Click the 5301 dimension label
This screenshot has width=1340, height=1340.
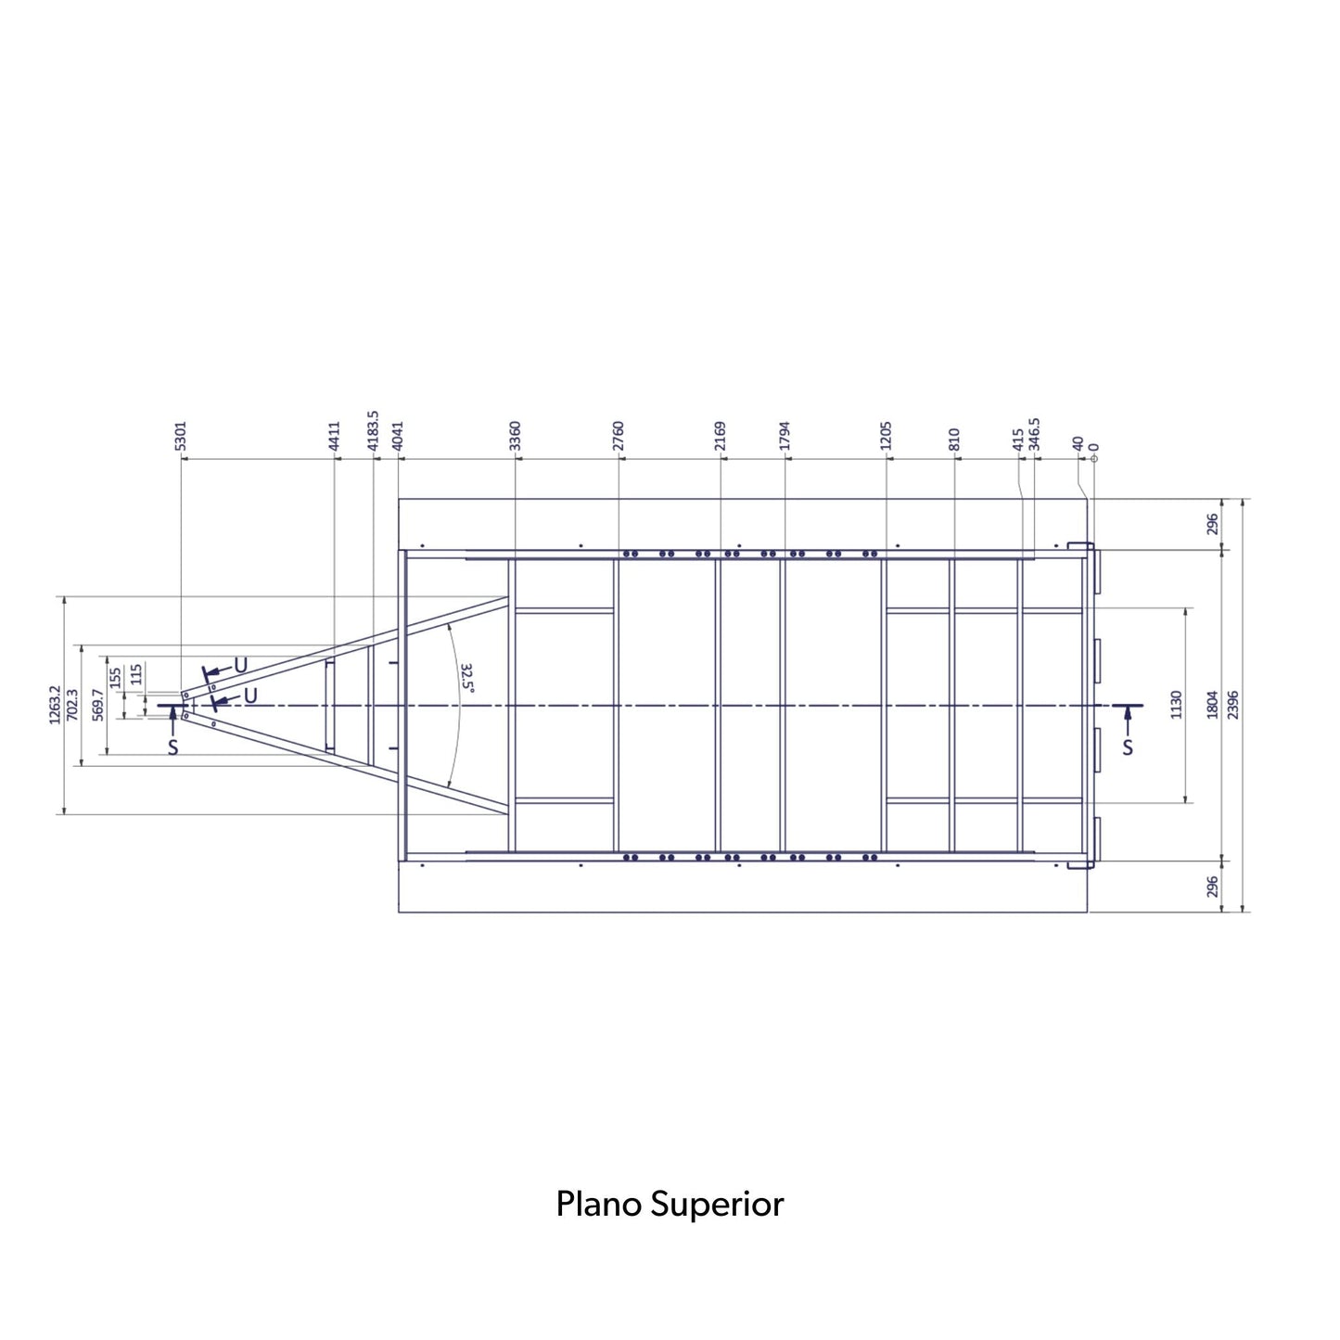point(181,435)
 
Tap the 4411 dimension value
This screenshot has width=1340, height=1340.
point(335,435)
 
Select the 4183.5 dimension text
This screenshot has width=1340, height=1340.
point(373,430)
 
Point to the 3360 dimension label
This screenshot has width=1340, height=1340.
point(515,435)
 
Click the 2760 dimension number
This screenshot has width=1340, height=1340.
point(619,435)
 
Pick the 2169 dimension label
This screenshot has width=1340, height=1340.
point(720,435)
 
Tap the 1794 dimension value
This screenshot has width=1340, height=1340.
point(785,435)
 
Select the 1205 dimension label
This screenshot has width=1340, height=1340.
point(886,435)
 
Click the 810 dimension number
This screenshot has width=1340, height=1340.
point(954,439)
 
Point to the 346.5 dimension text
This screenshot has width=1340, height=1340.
point(1034,434)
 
